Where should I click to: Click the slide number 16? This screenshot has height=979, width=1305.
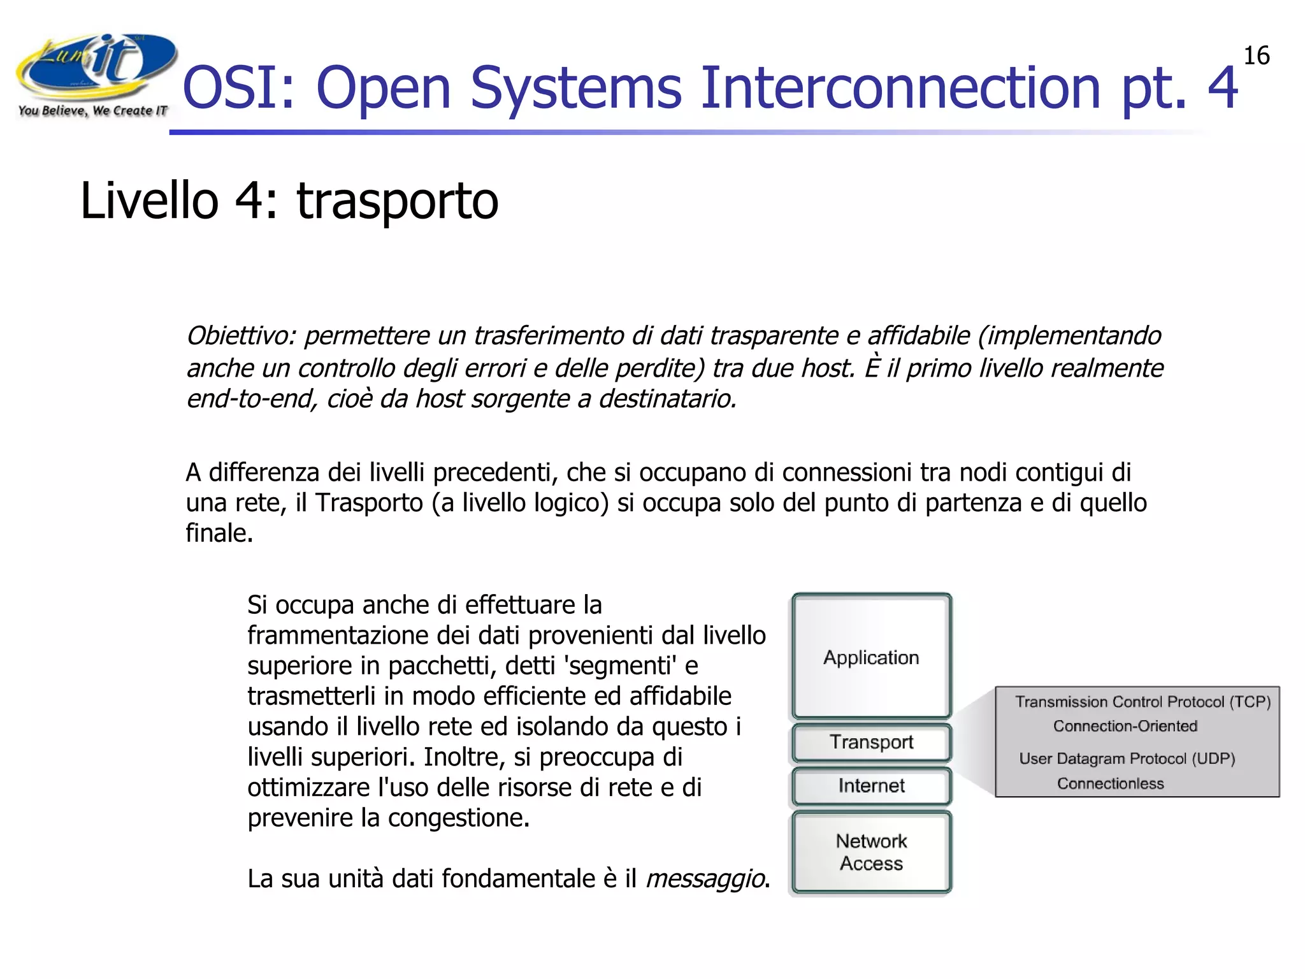tap(1256, 56)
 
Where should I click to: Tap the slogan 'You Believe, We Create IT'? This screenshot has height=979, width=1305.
tap(92, 111)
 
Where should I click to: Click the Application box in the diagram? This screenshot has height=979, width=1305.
tap(871, 657)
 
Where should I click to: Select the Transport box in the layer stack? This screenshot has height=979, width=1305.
tap(871, 742)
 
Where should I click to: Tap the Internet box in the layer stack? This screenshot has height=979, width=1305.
tap(871, 786)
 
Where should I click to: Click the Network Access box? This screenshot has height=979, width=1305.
tap(871, 852)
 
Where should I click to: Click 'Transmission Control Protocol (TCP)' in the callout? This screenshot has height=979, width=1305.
tap(1143, 702)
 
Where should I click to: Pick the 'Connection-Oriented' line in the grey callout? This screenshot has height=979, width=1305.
tap(1125, 726)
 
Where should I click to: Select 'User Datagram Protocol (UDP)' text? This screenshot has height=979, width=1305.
tap(1127, 758)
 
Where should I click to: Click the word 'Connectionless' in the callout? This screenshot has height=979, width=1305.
tap(1110, 784)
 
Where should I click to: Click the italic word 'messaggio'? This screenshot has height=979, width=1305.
tap(705, 879)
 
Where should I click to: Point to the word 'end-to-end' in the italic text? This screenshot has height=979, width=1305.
tap(251, 399)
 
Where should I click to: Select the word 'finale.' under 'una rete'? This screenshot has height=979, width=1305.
tap(219, 533)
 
